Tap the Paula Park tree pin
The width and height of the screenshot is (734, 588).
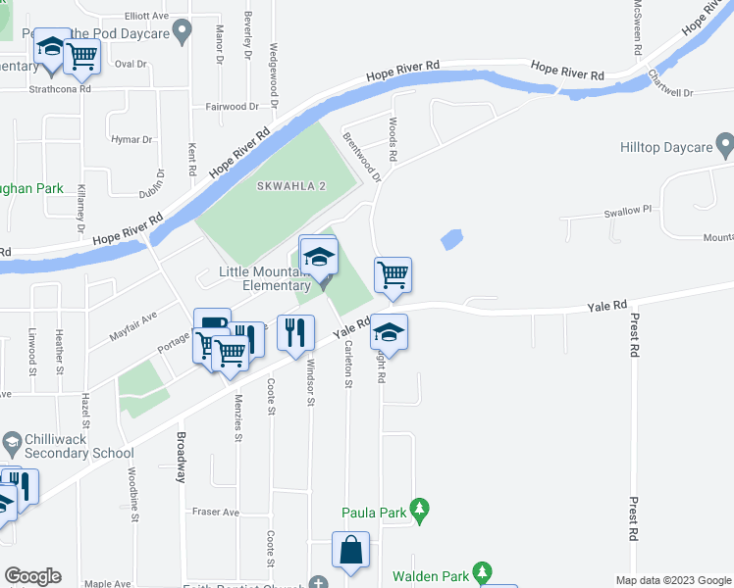tap(420, 510)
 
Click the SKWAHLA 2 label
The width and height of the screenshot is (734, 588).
tap(291, 186)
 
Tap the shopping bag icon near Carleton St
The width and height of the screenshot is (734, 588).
tap(350, 551)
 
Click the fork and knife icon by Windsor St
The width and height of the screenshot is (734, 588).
tap(295, 333)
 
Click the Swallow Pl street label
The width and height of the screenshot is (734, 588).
tap(627, 210)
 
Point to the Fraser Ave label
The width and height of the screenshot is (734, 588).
tap(216, 512)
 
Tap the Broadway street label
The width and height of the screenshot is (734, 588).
tap(181, 458)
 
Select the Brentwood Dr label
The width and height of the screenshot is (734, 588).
tap(361, 156)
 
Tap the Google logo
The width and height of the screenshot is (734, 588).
tap(32, 576)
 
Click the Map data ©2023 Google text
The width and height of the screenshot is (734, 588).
tap(673, 580)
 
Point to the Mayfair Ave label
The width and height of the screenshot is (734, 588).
tap(132, 325)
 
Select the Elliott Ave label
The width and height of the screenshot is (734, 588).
tap(147, 17)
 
